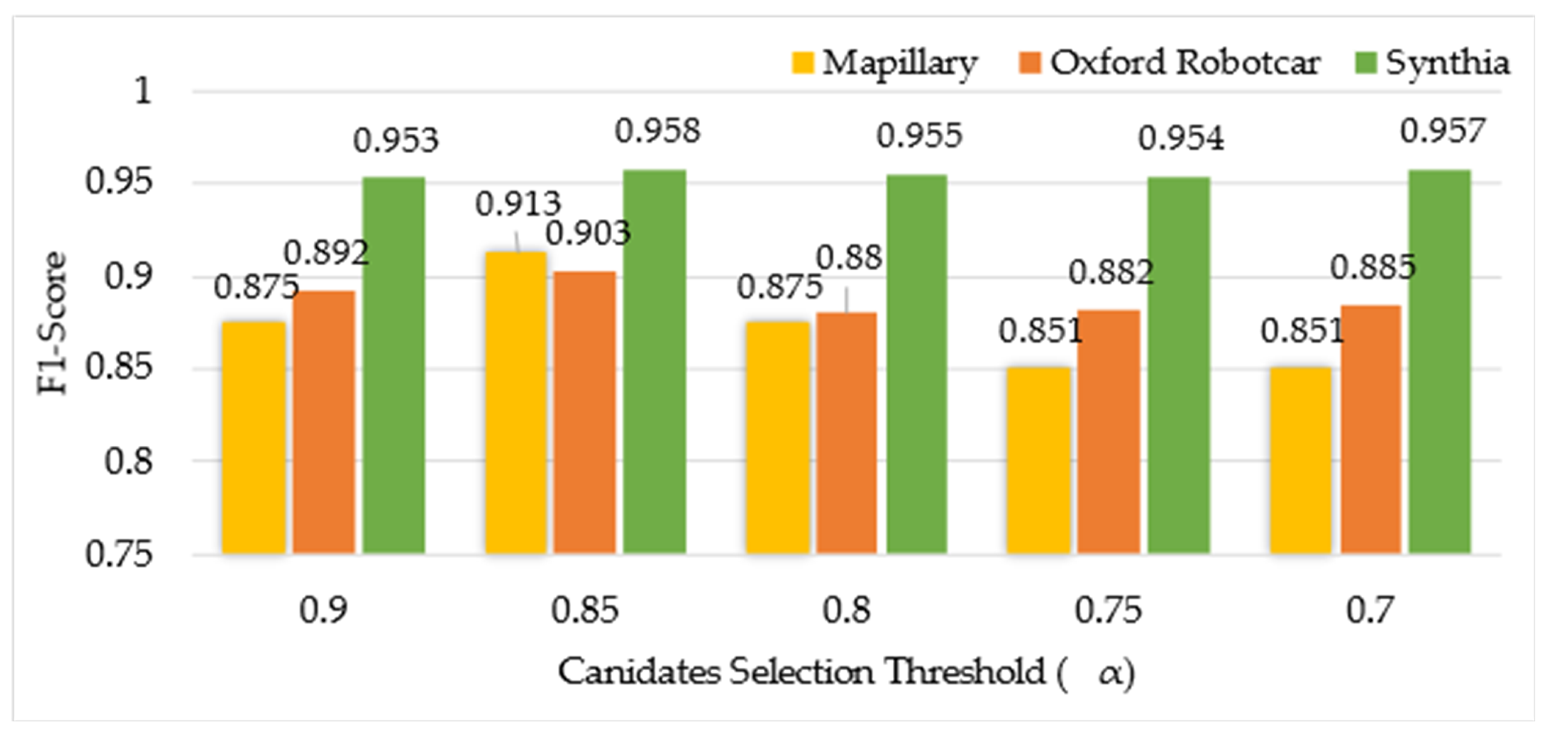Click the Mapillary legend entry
point(885,63)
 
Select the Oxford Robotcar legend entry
point(1170,63)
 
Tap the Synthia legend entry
point(1433,63)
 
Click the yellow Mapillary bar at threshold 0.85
point(515,402)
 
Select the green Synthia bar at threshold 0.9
point(393,365)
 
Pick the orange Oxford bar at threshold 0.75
point(1108,431)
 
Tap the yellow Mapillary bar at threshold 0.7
point(1301,460)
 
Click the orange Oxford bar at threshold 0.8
point(847,433)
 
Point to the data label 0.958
point(657,131)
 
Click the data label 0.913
point(518,204)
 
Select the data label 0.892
point(326,253)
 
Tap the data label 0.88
point(848,257)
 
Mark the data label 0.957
point(1442,131)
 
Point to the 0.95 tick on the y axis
point(118,182)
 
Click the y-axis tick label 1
point(143,92)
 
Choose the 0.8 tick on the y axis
point(128,461)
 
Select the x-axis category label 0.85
point(584,610)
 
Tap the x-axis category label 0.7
point(1368,610)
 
